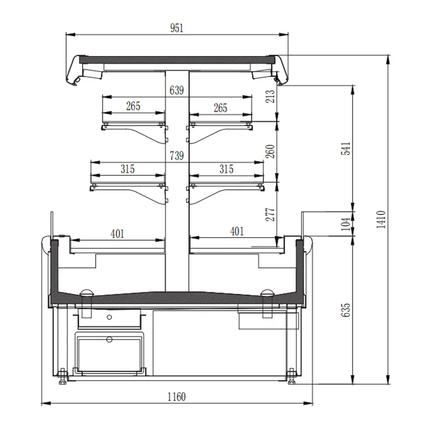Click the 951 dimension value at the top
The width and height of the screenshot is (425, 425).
point(177,28)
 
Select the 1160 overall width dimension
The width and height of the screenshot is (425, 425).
point(176,397)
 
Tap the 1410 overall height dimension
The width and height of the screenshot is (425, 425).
point(381,219)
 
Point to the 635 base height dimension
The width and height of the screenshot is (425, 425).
point(346,310)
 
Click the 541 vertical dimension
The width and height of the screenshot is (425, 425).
point(346,148)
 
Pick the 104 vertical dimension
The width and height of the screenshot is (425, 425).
point(346,224)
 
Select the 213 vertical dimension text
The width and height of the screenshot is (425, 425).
point(270,96)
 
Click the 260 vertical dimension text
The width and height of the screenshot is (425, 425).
point(270,151)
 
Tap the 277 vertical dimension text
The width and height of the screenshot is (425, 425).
point(270,214)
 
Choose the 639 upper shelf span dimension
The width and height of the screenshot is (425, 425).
point(177,90)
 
